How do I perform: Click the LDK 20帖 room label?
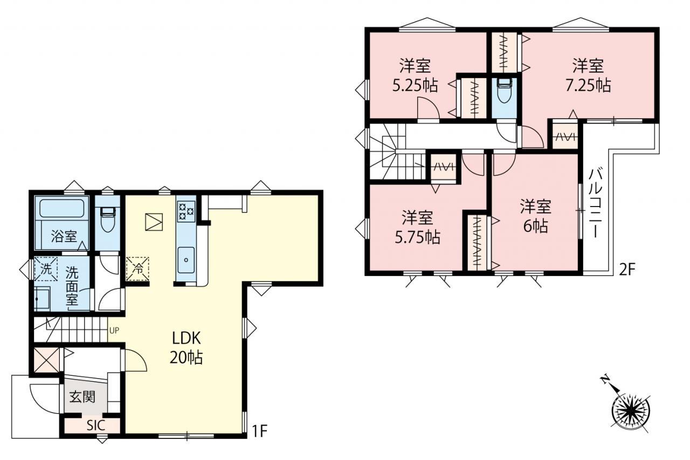pyautogui.click(x=186, y=348)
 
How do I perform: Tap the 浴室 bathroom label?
pyautogui.click(x=64, y=236)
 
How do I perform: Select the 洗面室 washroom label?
pyautogui.click(x=72, y=286)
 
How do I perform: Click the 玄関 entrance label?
pyautogui.click(x=82, y=397)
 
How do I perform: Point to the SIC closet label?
pyautogui.click(x=96, y=425)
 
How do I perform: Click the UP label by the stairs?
pyautogui.click(x=114, y=331)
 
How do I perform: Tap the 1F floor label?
pyautogui.click(x=259, y=431)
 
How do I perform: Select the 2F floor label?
pyautogui.click(x=627, y=270)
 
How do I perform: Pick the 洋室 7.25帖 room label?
pyautogui.click(x=588, y=75)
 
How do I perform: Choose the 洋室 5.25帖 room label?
pyautogui.click(x=415, y=75)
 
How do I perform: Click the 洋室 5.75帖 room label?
pyautogui.click(x=417, y=227)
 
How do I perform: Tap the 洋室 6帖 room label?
pyautogui.click(x=536, y=216)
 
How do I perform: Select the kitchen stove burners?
pyautogui.click(x=186, y=211)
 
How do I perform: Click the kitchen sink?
pyautogui.click(x=186, y=260)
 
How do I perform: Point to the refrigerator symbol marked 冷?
pyautogui.click(x=137, y=269)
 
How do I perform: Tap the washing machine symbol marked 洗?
pyautogui.click(x=46, y=269)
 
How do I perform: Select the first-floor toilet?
pyautogui.click(x=107, y=219)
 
